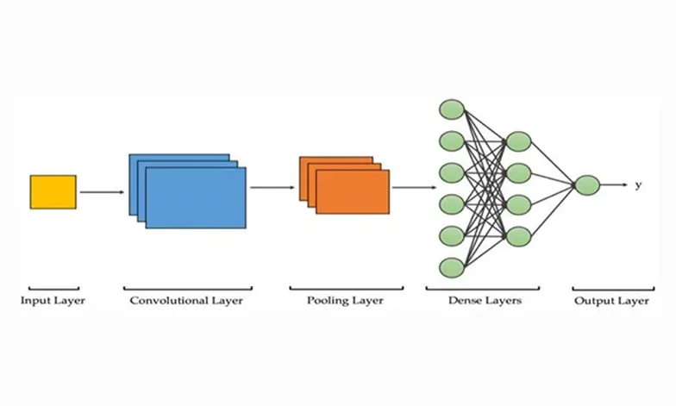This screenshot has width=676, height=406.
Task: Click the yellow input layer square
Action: [x=53, y=191]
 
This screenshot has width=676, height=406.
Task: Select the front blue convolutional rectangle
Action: [x=196, y=197]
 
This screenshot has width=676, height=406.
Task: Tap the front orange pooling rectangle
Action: [x=352, y=191]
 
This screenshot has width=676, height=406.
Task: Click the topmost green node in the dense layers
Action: [x=452, y=109]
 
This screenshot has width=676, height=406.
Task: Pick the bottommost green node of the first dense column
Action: [x=452, y=266]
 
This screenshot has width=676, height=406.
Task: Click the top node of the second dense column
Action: [x=518, y=141]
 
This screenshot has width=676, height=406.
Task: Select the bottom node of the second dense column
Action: [x=518, y=235]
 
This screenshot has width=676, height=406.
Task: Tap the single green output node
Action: [x=586, y=185]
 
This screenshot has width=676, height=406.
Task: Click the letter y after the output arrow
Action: [x=638, y=185]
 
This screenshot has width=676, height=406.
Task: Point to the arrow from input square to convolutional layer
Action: [x=102, y=192]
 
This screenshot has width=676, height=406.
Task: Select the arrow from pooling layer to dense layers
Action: [x=413, y=186]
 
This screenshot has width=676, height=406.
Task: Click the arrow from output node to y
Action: [x=613, y=185]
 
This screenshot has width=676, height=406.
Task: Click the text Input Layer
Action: [x=53, y=301]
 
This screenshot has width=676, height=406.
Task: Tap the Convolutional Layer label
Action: [x=186, y=301]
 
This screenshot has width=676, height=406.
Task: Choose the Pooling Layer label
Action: [x=345, y=301]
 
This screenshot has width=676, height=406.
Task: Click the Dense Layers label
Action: [x=485, y=301]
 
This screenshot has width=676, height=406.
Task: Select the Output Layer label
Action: [x=611, y=301]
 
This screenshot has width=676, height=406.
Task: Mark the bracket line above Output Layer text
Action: [x=612, y=290]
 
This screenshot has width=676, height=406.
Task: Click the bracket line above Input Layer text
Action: [x=53, y=290]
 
